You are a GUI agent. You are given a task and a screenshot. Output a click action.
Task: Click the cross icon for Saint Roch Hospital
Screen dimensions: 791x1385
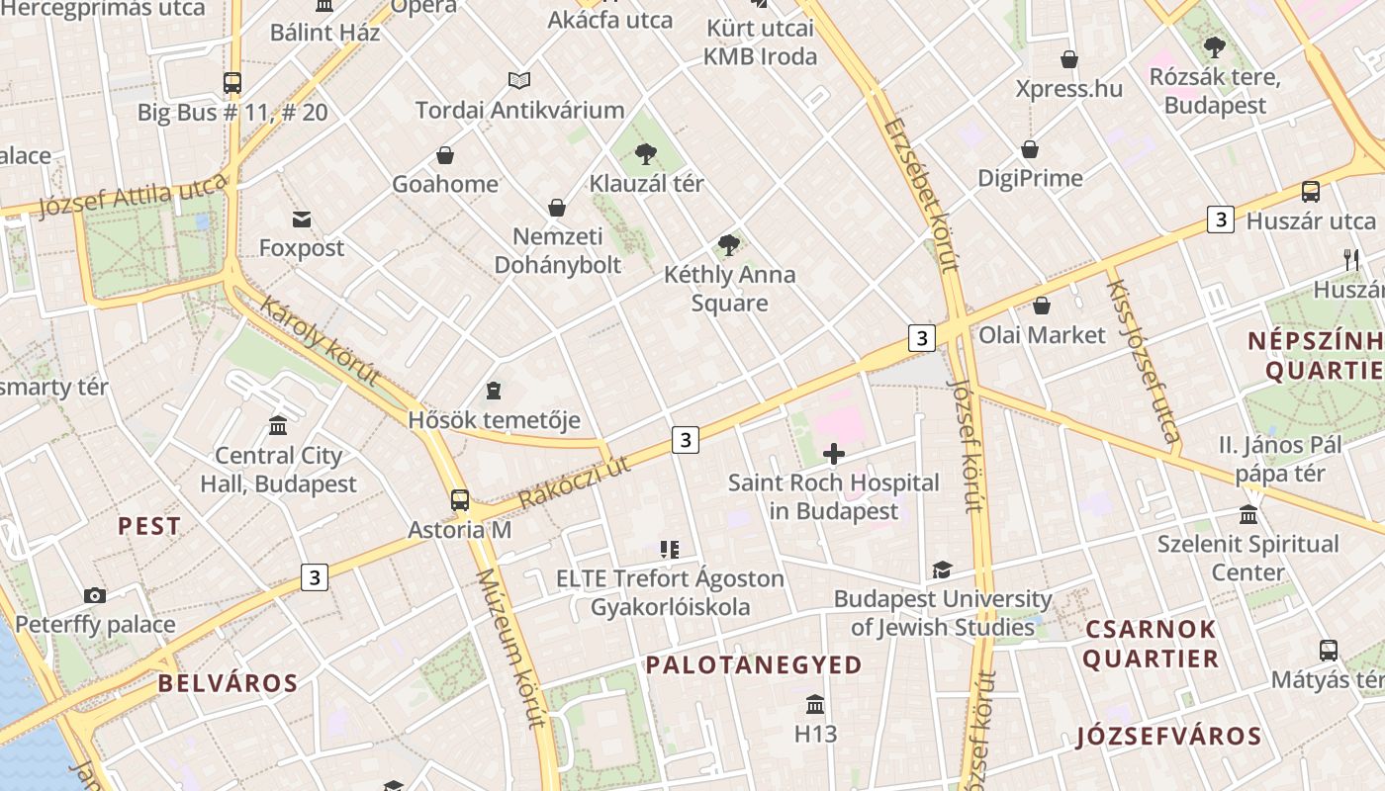pyautogui.click(x=834, y=454)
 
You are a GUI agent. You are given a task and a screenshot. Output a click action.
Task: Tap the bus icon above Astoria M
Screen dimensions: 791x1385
pyautogui.click(x=459, y=499)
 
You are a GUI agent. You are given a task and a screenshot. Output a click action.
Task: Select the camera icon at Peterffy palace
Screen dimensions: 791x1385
pyautogui.click(x=95, y=595)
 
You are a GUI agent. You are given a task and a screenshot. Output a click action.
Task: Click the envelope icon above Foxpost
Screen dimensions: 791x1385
pyautogui.click(x=301, y=219)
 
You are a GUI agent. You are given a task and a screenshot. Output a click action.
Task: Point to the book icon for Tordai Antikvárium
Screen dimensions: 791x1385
pyautogui.click(x=519, y=80)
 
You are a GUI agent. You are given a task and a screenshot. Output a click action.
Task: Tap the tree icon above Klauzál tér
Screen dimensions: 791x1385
pyautogui.click(x=646, y=153)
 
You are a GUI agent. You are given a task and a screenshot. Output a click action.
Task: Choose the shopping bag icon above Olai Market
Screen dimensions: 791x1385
pyautogui.click(x=1041, y=306)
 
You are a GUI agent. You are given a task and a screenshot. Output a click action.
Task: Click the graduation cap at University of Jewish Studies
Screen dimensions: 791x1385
pyautogui.click(x=942, y=570)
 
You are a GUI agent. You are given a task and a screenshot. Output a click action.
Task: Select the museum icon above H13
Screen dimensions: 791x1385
pyautogui.click(x=815, y=704)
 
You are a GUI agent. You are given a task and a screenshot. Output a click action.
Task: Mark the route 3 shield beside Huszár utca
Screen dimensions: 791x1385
pyautogui.click(x=1221, y=220)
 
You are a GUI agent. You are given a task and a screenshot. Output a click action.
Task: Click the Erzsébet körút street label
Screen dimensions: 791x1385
pyautogui.click(x=922, y=195)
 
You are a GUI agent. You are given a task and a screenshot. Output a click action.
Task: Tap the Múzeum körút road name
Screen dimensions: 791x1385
pyautogui.click(x=511, y=647)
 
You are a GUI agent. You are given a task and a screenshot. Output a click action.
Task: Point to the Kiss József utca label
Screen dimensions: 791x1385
pyautogui.click(x=1143, y=361)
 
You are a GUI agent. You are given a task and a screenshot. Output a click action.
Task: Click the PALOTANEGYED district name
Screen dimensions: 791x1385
pyautogui.click(x=754, y=665)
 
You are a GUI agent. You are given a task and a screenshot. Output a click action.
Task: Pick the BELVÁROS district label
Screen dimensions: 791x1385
pyautogui.click(x=228, y=683)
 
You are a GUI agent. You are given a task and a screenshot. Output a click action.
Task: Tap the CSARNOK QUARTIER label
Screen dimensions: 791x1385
pyautogui.click(x=1151, y=644)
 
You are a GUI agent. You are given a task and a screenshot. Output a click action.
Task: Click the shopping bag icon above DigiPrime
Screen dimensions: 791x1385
pyautogui.click(x=1030, y=149)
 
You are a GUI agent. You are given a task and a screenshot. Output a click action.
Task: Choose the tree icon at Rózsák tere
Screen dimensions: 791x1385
pyautogui.click(x=1215, y=46)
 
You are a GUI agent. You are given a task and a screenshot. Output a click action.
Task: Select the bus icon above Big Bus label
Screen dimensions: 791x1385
pyautogui.click(x=232, y=83)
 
